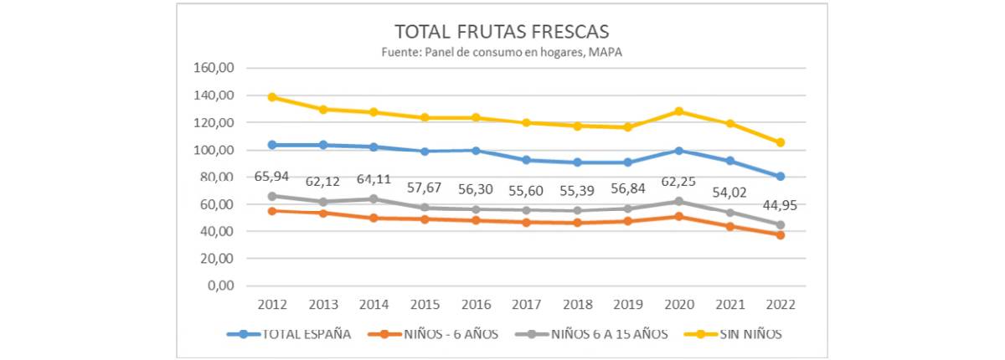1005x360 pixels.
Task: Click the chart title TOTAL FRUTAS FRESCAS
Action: click(x=502, y=33)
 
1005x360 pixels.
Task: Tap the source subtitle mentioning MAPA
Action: click(x=502, y=52)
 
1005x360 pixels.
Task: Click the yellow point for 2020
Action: click(x=678, y=111)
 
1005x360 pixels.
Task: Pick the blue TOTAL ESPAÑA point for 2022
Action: click(x=781, y=176)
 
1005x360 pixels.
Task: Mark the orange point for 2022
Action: click(x=781, y=235)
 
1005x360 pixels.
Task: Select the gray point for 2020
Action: click(x=678, y=201)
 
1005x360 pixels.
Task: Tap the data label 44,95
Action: click(x=781, y=206)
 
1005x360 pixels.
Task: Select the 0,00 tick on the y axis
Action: click(x=219, y=285)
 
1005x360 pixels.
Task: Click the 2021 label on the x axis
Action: click(x=729, y=302)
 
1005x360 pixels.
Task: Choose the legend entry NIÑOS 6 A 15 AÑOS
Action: click(x=609, y=334)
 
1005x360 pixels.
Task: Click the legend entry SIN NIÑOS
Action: click(x=750, y=334)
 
